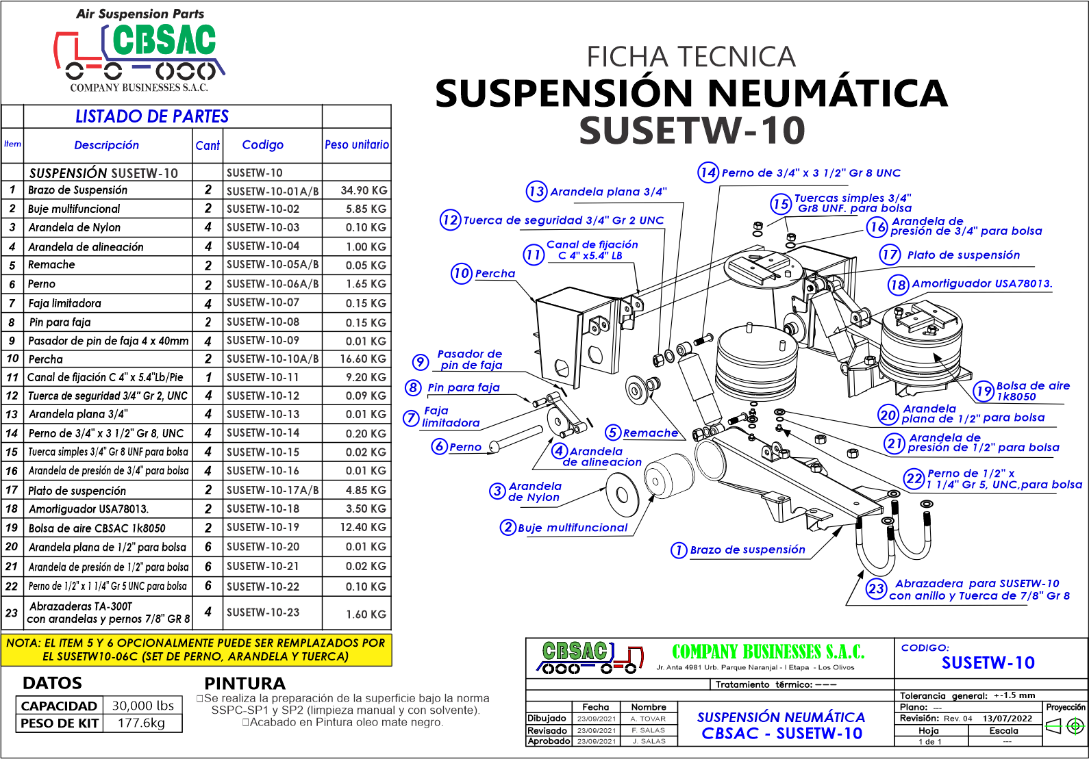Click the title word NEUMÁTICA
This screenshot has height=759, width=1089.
(x=827, y=94)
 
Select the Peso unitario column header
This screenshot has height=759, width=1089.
(x=357, y=145)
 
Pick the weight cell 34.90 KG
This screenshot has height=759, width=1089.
(x=364, y=190)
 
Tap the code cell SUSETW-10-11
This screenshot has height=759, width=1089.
(x=263, y=377)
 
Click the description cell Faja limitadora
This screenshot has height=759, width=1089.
(x=65, y=303)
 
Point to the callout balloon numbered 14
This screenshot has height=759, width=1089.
(x=708, y=172)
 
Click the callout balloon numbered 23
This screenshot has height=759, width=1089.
(x=877, y=589)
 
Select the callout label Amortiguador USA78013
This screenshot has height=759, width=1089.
(x=982, y=283)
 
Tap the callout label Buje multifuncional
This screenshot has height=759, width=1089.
(x=573, y=528)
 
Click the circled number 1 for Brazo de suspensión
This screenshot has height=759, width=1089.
(x=679, y=550)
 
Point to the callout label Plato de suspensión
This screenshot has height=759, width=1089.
(x=963, y=255)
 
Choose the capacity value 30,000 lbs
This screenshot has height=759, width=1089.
(x=143, y=706)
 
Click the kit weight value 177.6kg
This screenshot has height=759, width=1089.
(x=142, y=723)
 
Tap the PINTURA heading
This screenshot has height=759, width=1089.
(x=245, y=683)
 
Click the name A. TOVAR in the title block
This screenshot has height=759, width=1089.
(x=648, y=719)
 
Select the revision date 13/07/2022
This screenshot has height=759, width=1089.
(x=1007, y=719)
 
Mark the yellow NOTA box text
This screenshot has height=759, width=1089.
(x=196, y=649)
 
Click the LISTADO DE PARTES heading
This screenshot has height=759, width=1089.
(x=152, y=116)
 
